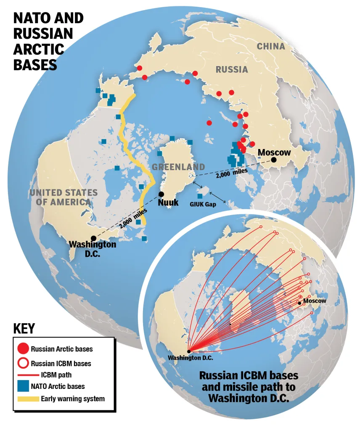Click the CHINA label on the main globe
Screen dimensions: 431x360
[x=271, y=46]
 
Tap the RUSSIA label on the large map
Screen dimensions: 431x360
[x=232, y=69]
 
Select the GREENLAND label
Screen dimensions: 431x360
[x=178, y=167]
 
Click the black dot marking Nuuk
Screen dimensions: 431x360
[x=161, y=194]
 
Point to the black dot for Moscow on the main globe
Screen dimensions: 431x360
[x=274, y=160]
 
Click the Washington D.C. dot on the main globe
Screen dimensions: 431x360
[x=93, y=238]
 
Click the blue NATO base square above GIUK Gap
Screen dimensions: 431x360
[x=200, y=197]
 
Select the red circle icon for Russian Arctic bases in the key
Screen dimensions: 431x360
[x=24, y=349]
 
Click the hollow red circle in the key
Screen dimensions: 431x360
[x=24, y=362]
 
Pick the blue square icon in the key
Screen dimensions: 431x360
[x=24, y=385]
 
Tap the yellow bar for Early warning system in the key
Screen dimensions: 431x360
[x=28, y=398]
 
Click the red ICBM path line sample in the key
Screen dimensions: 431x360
[x=28, y=373]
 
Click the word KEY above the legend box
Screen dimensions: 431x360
[x=24, y=328]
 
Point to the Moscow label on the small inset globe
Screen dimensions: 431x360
[x=315, y=301]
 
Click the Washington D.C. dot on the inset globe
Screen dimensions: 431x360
[x=189, y=351]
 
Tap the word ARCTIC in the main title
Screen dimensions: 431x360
[x=38, y=49]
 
